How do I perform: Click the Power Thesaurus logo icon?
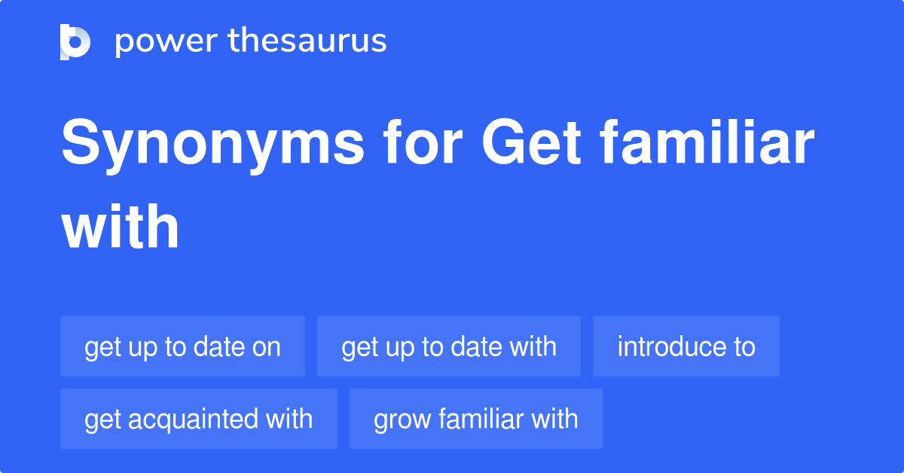click(x=75, y=41)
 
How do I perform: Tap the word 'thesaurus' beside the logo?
click(x=307, y=41)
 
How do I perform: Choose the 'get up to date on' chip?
click(x=182, y=346)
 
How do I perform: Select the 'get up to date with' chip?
click(x=449, y=346)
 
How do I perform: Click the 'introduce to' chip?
click(x=686, y=346)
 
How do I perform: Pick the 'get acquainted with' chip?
click(x=199, y=419)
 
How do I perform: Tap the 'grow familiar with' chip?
click(x=476, y=419)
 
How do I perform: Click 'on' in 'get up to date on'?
click(x=267, y=347)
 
